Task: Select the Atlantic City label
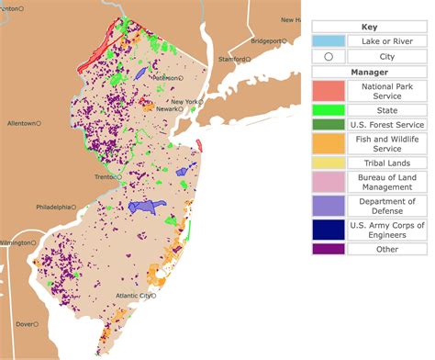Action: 132,296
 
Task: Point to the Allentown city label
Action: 19,123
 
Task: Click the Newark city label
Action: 166,108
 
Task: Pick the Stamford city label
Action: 232,60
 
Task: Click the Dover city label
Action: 25,324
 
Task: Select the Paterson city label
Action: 166,78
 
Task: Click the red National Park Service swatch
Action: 329,90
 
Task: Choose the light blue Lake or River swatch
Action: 329,41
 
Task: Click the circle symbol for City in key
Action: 329,57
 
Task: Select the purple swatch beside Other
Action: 329,247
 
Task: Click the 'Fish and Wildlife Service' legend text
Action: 386,143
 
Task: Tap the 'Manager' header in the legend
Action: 368,73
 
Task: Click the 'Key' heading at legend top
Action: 368,27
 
